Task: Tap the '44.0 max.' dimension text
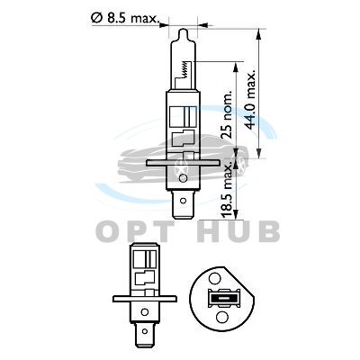[250, 100]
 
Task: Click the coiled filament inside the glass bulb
[185, 69]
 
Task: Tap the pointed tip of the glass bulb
[183, 29]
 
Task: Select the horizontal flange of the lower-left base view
[145, 299]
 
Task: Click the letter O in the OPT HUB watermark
[109, 231]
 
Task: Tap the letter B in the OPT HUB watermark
[268, 231]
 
